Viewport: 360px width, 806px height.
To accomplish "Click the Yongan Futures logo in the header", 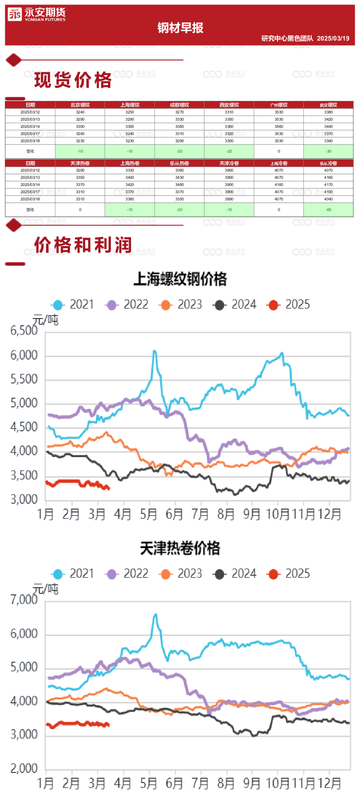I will coord(36,15).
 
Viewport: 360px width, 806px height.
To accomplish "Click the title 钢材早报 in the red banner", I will coord(180,28).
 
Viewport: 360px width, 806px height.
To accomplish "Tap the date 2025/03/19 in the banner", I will coord(333,38).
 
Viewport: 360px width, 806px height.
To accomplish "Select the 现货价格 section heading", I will coord(73,80).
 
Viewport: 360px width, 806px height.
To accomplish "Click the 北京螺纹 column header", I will coord(80,105).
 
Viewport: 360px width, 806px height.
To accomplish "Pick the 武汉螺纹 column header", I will coord(328,105).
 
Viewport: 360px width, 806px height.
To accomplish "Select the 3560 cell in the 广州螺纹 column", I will coord(279,127).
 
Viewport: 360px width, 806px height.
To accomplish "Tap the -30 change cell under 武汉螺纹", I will coord(328,151).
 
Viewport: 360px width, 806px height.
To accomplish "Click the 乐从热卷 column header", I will coord(180,163).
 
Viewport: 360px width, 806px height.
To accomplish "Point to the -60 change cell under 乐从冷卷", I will coord(328,210).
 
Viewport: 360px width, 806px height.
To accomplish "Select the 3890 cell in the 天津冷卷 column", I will coord(229,199).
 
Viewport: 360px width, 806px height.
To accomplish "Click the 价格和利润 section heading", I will coord(83,245).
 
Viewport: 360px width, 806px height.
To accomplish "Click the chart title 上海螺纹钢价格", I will coord(180,279).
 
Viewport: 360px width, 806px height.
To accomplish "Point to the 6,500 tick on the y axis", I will coord(24,331).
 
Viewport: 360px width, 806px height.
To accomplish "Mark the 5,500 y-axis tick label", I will coord(24,379).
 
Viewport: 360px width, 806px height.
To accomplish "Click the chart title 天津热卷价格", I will coord(180,548).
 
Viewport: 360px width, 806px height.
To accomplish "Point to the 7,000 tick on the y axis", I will coord(24,600).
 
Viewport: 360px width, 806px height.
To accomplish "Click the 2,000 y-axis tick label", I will coord(24,769).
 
